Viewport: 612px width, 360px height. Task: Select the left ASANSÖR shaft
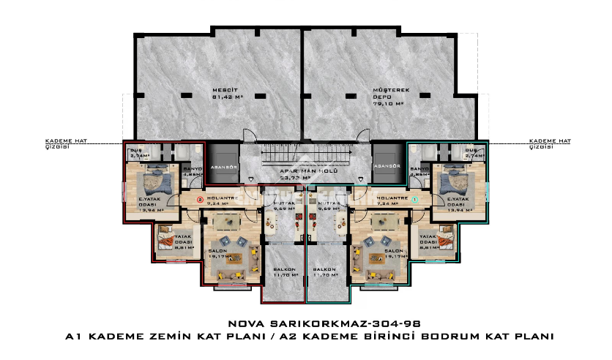(x=220, y=166)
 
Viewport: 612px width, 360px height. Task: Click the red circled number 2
(x=198, y=198)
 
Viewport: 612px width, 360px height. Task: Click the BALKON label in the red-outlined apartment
(x=286, y=272)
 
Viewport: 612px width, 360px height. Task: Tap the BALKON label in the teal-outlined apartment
(x=325, y=272)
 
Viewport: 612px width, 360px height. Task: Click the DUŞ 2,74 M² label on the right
(x=474, y=153)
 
